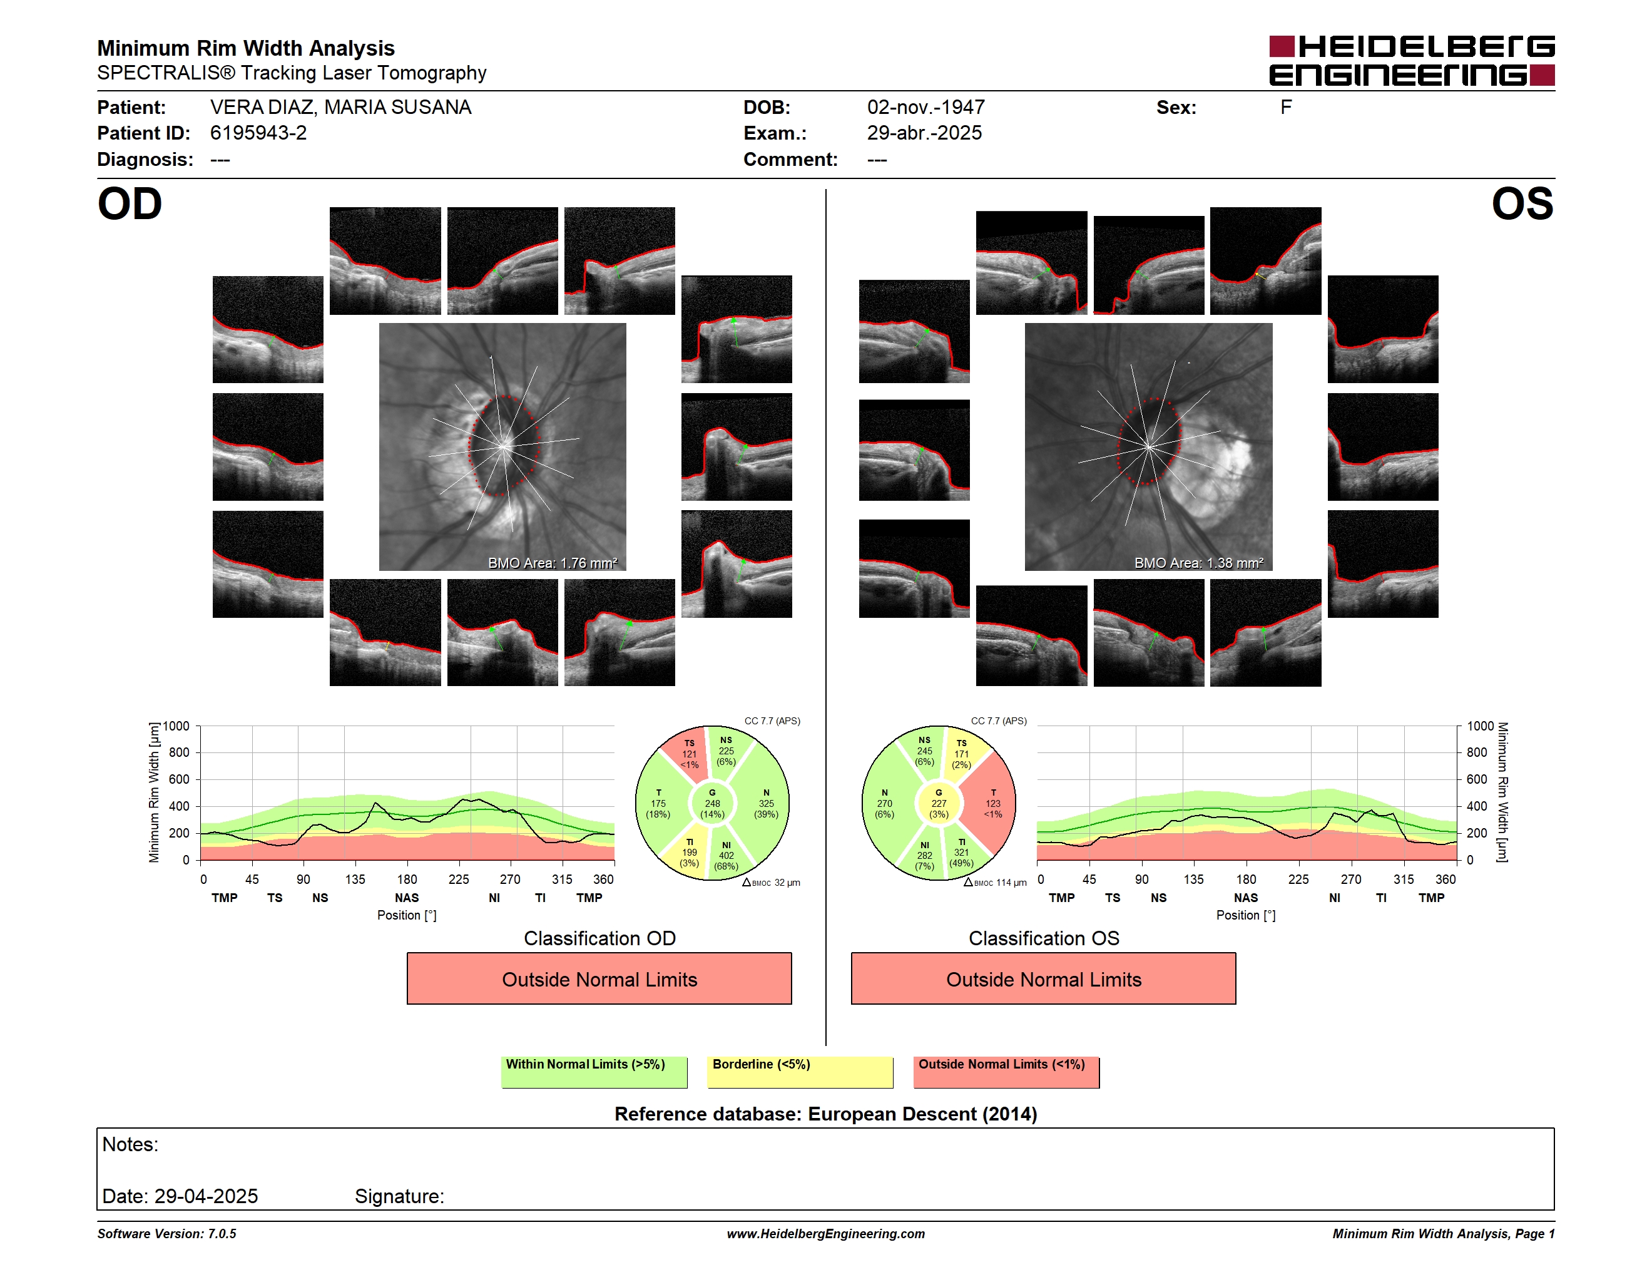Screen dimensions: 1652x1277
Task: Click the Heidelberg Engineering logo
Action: tap(1412, 61)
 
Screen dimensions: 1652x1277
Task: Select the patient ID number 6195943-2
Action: tap(258, 133)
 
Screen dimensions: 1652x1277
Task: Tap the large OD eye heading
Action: tap(130, 203)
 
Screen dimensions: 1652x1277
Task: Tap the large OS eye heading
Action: tap(1522, 203)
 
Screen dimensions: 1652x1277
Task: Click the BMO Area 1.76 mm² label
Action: tap(552, 563)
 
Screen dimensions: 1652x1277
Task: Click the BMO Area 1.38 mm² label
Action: tap(1198, 563)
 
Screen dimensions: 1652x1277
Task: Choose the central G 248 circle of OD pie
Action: tap(711, 803)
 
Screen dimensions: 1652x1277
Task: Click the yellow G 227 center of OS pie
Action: tap(939, 803)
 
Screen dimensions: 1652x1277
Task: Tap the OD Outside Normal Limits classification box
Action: tap(599, 979)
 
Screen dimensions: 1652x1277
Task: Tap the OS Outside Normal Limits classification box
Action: tap(1043, 979)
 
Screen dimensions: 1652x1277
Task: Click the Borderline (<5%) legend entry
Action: tap(800, 1072)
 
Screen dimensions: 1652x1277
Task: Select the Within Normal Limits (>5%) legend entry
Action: tap(594, 1072)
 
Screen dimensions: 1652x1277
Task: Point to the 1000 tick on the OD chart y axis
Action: tap(175, 726)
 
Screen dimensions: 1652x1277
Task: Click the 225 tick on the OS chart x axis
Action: tap(1298, 879)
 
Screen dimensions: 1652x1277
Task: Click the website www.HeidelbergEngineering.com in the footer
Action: tap(825, 1234)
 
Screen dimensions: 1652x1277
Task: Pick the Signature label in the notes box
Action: tap(399, 1196)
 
